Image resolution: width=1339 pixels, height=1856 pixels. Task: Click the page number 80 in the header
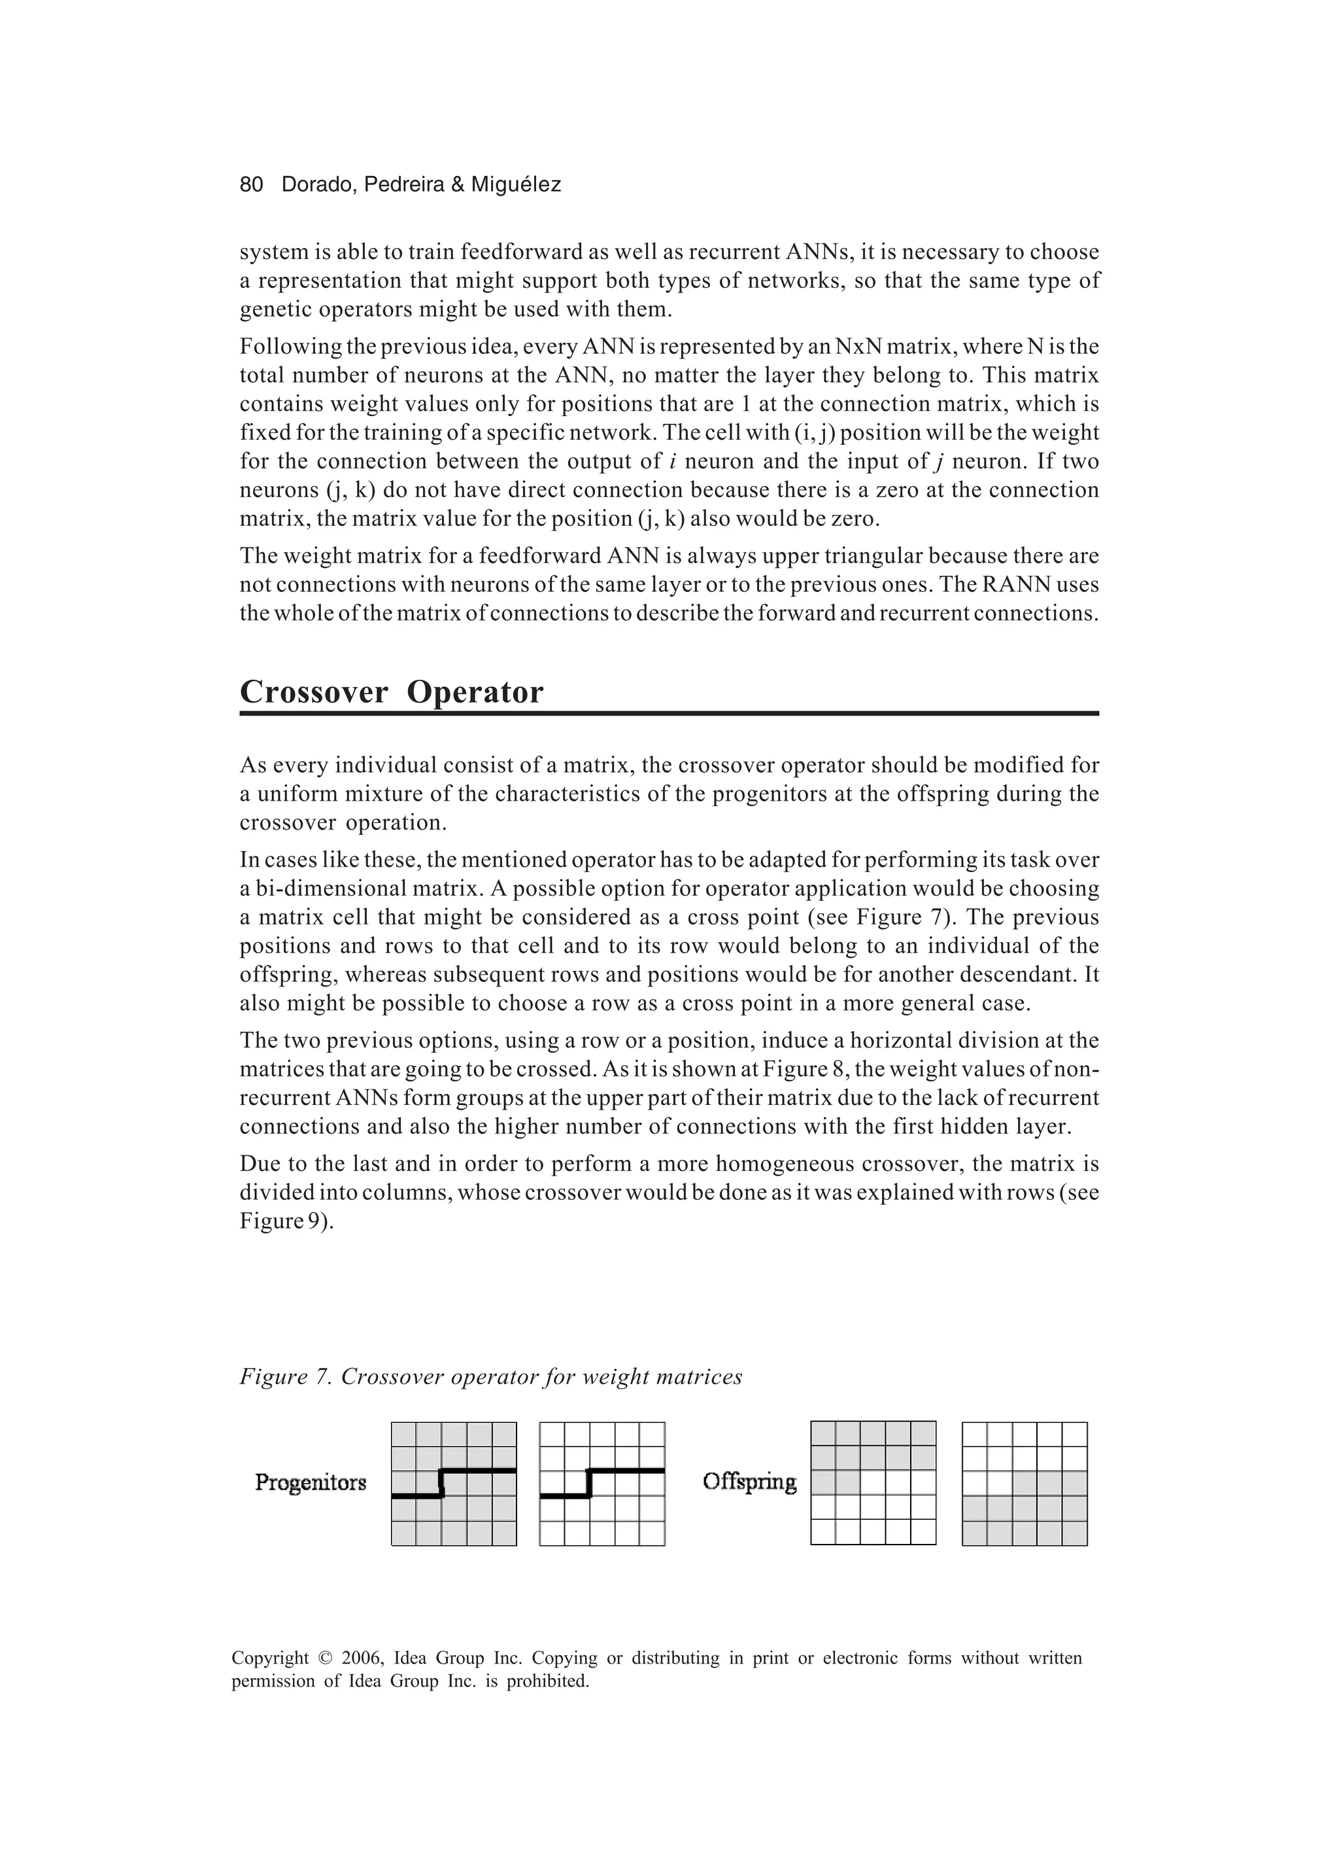pyautogui.click(x=251, y=185)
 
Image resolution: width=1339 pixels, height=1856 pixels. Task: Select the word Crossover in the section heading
pyautogui.click(x=313, y=692)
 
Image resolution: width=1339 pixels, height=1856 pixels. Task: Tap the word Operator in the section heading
pyautogui.click(x=475, y=692)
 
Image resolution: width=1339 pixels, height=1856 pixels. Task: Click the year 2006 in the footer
pyautogui.click(x=362, y=1659)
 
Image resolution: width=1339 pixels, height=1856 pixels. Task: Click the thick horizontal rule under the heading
pyautogui.click(x=668, y=714)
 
